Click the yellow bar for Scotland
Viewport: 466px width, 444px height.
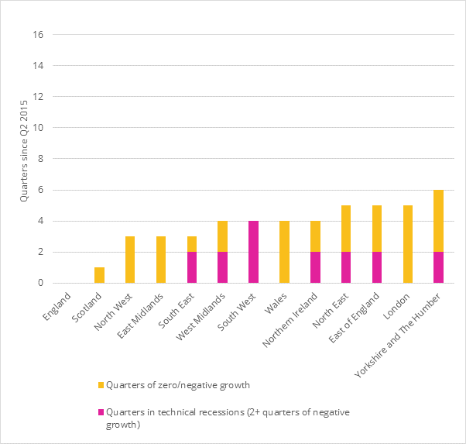click(x=98, y=275)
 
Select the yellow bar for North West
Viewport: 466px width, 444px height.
click(x=129, y=260)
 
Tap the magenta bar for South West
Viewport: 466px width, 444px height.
click(x=253, y=252)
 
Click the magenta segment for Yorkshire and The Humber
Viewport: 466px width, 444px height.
click(x=439, y=267)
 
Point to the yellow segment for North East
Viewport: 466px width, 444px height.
click(x=346, y=229)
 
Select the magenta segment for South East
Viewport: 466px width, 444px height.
click(x=191, y=267)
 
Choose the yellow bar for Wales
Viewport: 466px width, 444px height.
click(x=284, y=252)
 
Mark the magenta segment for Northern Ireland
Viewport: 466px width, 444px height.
click(x=315, y=267)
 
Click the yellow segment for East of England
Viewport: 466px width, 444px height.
click(x=377, y=229)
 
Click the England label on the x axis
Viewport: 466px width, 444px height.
click(x=56, y=305)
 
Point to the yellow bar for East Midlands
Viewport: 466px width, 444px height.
click(x=160, y=260)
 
